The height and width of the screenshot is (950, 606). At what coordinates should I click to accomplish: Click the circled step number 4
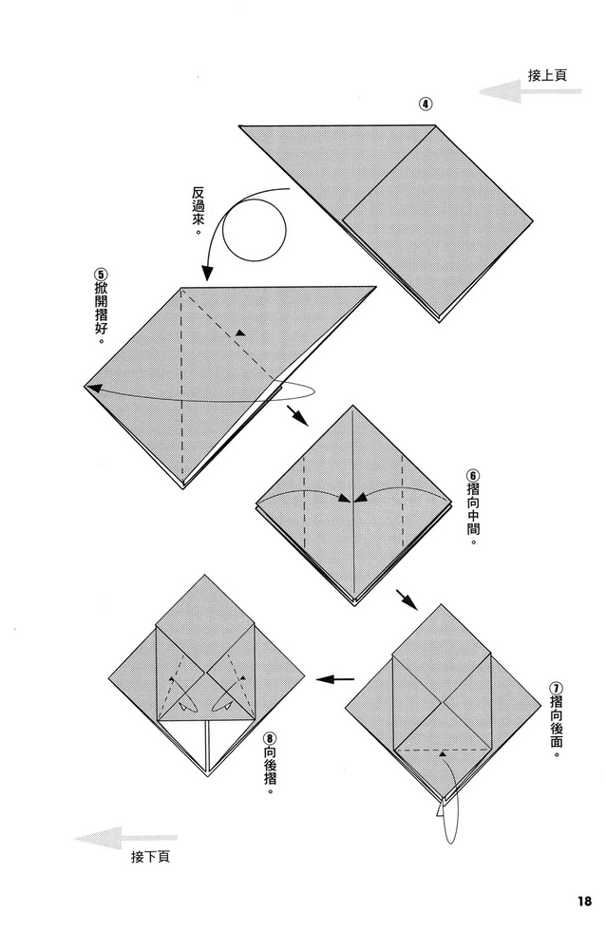426,104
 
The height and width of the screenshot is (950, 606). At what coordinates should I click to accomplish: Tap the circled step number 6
472,475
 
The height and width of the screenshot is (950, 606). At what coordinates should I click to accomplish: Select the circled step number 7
555,688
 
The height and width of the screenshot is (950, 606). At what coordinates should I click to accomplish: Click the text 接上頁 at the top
548,75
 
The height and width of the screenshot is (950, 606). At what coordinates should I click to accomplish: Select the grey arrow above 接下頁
112,837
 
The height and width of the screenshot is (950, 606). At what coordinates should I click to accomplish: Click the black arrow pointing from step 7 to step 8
334,679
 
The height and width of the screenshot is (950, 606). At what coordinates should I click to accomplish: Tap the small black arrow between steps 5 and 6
297,415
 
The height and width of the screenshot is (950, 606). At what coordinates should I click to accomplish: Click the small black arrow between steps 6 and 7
406,598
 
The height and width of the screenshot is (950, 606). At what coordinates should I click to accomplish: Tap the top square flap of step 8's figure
206,614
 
